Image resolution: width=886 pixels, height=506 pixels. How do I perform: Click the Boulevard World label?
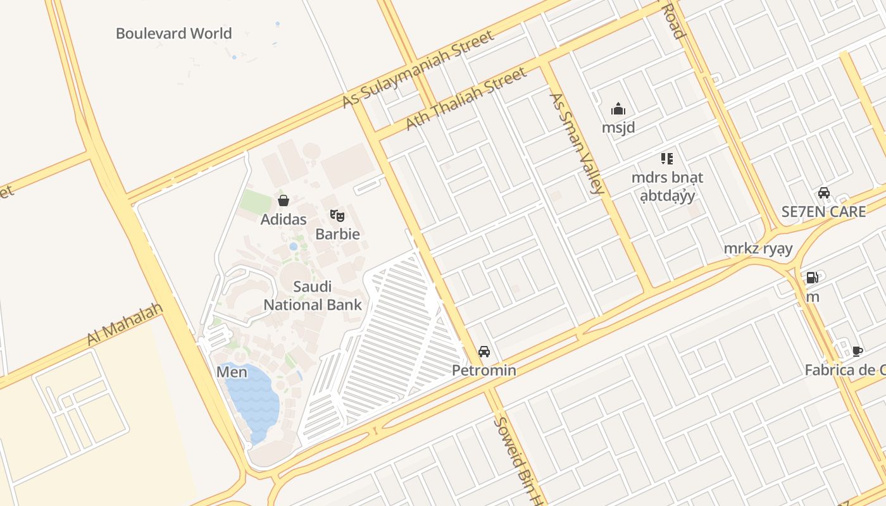click(x=173, y=34)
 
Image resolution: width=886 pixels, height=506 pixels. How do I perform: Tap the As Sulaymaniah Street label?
click(x=418, y=70)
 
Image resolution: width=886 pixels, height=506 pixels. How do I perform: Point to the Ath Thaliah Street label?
click(x=466, y=99)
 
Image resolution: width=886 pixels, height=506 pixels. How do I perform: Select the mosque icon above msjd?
click(x=618, y=109)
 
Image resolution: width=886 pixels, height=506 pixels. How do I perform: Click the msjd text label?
click(x=618, y=127)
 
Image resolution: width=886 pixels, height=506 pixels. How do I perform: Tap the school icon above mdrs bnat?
click(x=667, y=159)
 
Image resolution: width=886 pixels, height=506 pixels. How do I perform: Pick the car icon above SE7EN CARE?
click(x=823, y=193)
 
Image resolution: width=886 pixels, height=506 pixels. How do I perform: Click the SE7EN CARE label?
click(x=823, y=211)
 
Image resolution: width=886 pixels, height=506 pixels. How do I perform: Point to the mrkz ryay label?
click(x=758, y=249)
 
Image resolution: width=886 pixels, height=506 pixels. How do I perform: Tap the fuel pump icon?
click(x=812, y=277)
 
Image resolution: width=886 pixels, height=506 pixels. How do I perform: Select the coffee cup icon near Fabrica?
click(x=858, y=351)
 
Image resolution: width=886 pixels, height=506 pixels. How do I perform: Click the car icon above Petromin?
click(x=484, y=352)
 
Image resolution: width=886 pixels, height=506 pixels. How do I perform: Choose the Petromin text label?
click(x=484, y=370)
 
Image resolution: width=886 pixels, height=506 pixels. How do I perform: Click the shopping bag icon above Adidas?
click(x=284, y=201)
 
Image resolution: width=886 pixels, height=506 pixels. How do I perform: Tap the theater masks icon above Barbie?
click(x=337, y=216)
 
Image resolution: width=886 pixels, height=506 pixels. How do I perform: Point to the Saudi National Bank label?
click(x=313, y=295)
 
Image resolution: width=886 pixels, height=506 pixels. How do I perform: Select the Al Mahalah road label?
click(x=125, y=324)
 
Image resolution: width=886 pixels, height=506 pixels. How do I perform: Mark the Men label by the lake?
click(x=232, y=372)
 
